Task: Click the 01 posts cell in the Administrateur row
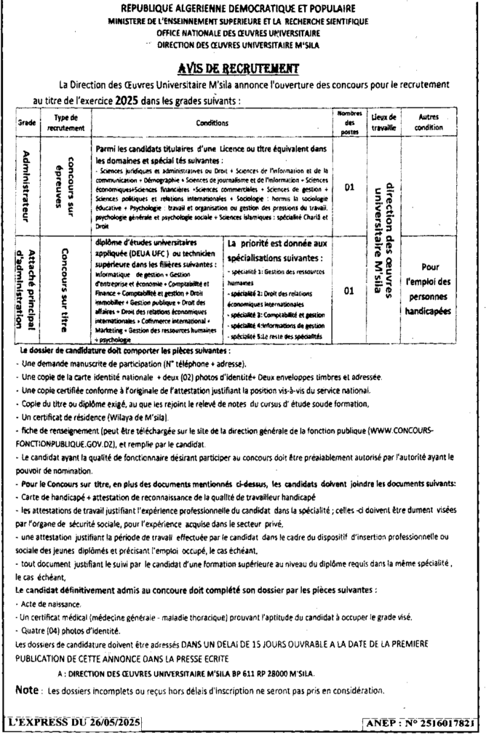[x=349, y=187]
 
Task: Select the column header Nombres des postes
[x=349, y=122]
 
